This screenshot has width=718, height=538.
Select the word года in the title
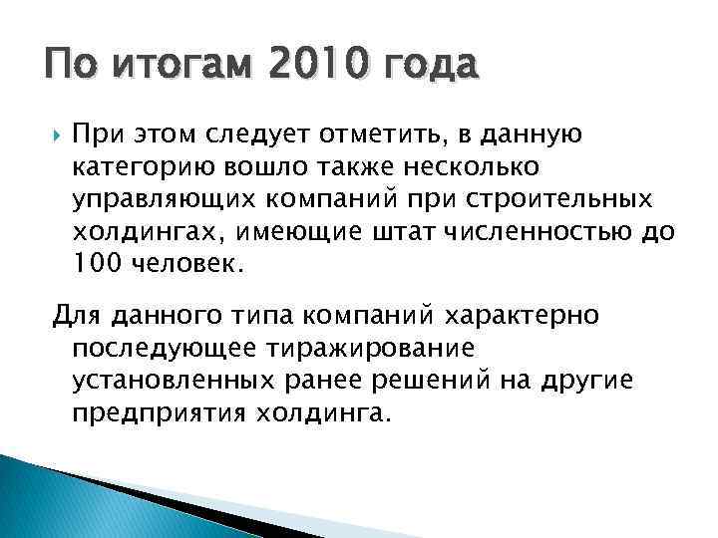point(428,67)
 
